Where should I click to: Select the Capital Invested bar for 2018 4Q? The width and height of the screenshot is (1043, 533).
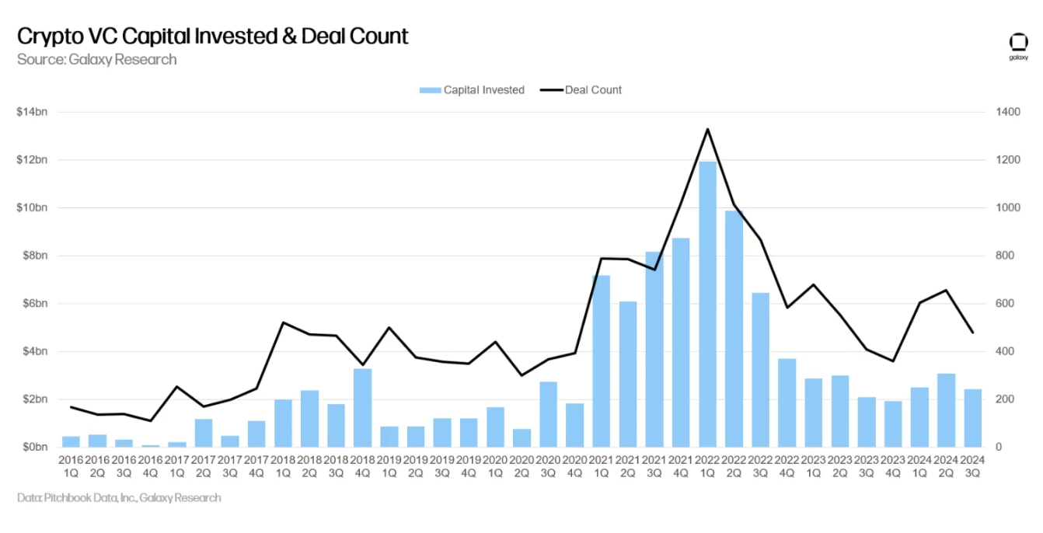(x=362, y=408)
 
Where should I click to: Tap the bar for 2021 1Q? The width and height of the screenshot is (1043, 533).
(x=601, y=361)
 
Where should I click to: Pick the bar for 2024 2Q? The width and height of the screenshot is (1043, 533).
(x=946, y=410)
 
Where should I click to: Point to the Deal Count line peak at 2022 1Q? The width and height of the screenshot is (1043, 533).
(x=707, y=129)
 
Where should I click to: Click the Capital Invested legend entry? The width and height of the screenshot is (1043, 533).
(x=473, y=90)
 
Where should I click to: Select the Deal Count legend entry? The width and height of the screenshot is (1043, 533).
(x=582, y=90)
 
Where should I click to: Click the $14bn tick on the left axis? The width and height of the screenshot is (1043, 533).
(x=32, y=112)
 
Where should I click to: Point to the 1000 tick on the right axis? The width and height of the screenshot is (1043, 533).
(x=1008, y=208)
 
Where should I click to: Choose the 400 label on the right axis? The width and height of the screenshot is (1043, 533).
(x=1005, y=352)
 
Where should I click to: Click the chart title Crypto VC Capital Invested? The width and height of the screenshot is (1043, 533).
(x=212, y=36)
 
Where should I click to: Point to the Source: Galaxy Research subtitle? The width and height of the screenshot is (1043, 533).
(x=96, y=60)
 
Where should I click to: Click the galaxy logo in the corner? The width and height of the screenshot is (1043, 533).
(x=1018, y=45)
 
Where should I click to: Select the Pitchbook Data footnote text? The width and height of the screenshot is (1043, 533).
(x=119, y=498)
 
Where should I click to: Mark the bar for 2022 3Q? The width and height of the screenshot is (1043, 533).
(x=760, y=370)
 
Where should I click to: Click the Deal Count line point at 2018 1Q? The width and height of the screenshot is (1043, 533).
(x=283, y=322)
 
